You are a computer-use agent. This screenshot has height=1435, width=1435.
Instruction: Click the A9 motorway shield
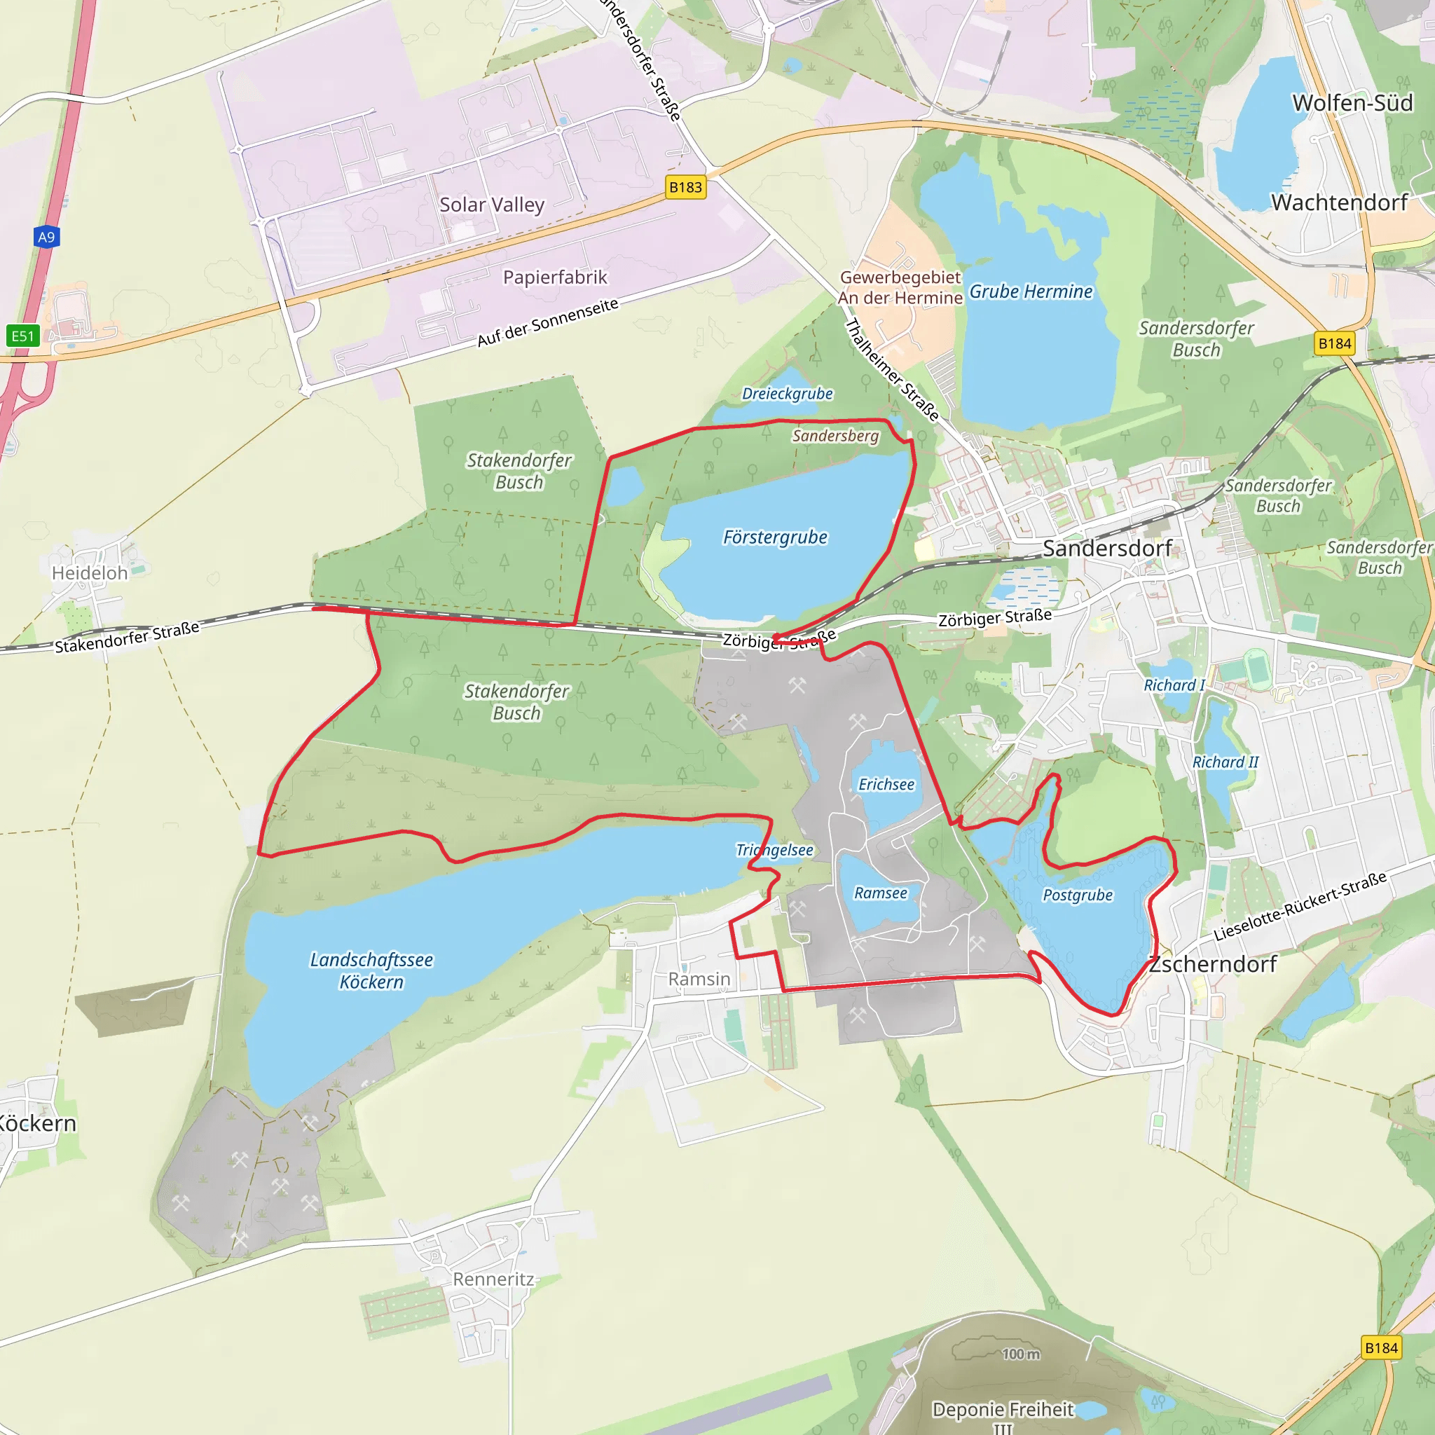click(46, 237)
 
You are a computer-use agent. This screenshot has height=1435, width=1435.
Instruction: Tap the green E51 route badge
click(22, 336)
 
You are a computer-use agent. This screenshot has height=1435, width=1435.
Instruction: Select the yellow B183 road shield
click(685, 187)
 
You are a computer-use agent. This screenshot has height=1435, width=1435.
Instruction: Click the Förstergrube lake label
click(775, 537)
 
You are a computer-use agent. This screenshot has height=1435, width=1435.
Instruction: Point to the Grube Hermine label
click(1030, 292)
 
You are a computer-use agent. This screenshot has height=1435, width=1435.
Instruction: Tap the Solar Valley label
click(492, 205)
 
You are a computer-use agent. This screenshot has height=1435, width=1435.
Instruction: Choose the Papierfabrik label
click(555, 277)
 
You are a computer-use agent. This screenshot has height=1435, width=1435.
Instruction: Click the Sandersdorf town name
click(1106, 549)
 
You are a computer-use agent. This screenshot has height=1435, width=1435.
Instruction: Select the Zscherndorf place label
click(1212, 964)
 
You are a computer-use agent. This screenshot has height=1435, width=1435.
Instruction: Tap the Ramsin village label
click(699, 979)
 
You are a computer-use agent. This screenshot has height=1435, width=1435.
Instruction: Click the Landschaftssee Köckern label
click(371, 970)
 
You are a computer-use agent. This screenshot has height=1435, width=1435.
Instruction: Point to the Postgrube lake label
click(1077, 895)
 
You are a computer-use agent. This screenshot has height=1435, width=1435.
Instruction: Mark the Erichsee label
click(886, 784)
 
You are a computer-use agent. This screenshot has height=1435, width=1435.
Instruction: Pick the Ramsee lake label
click(880, 893)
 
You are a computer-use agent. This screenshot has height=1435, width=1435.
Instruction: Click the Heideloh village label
click(90, 572)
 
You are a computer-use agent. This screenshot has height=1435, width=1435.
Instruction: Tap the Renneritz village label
click(493, 1279)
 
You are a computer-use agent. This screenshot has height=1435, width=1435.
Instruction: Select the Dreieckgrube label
click(788, 394)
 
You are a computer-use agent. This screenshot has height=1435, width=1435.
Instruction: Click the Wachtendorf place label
click(1339, 202)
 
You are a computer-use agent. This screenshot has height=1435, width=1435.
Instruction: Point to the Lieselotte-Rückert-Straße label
click(1300, 906)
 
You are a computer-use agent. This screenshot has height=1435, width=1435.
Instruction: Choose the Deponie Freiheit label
click(1003, 1410)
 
